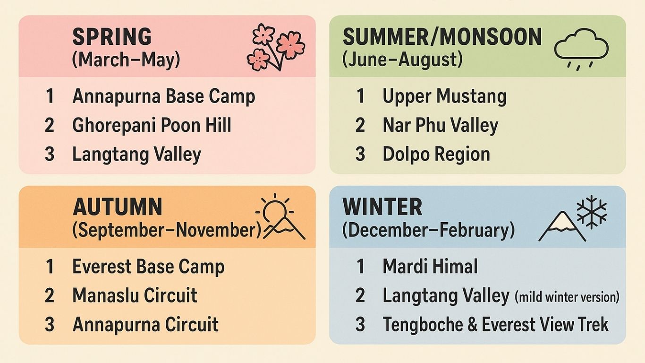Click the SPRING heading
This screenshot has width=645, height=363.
[112, 36]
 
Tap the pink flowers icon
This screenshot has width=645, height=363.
[276, 47]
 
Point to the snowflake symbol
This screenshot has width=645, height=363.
[592, 212]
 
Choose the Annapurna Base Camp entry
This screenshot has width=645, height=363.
[164, 96]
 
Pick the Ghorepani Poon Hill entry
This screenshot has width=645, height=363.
[152, 125]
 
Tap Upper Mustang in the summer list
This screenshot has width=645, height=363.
[444, 96]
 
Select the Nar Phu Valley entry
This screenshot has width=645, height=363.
[440, 125]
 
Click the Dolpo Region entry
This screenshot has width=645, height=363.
[436, 154]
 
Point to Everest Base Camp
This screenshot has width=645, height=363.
[148, 267]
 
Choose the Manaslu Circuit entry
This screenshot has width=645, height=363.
[135, 295]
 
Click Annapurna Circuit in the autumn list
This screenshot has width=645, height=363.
[145, 324]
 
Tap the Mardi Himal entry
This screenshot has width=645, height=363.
[430, 266]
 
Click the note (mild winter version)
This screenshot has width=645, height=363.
[567, 297]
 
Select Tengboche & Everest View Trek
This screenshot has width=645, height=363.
[496, 324]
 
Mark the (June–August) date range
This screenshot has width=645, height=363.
[403, 60]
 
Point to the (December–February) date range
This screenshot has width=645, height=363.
[428, 230]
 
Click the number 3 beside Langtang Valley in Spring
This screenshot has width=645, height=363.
[50, 154]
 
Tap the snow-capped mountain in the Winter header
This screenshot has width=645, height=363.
[562, 226]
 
